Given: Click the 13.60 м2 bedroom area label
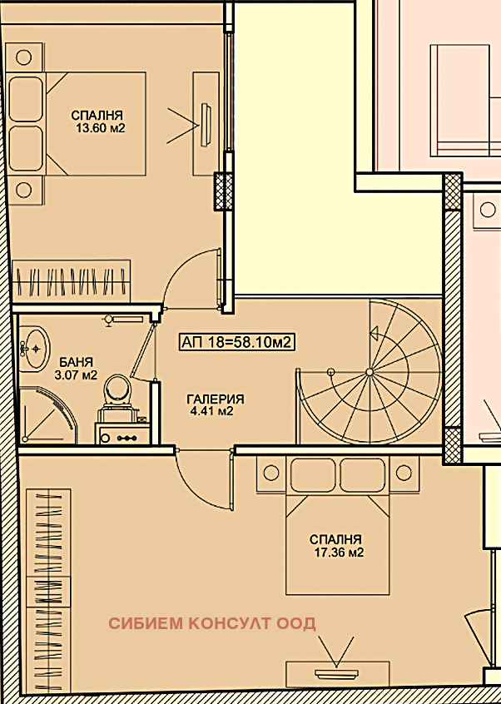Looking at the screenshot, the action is [x=100, y=128].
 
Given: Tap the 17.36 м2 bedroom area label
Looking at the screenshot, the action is [x=339, y=553].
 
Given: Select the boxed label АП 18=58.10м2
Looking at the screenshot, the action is [x=236, y=342].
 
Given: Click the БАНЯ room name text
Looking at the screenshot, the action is [x=77, y=362].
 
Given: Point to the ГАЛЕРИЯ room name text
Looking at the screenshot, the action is [x=216, y=399].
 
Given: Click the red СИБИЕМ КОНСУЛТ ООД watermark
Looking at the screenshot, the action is [x=212, y=623].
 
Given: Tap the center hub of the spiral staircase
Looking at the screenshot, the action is [x=369, y=372].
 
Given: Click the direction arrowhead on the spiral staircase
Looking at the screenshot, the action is [x=374, y=333].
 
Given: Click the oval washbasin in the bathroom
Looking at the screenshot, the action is [x=36, y=349].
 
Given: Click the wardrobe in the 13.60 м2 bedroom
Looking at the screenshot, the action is [x=71, y=281].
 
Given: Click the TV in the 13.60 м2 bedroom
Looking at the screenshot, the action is [x=206, y=124].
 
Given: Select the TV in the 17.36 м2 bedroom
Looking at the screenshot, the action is [x=337, y=673].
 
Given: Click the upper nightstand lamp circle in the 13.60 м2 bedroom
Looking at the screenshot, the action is [x=24, y=57].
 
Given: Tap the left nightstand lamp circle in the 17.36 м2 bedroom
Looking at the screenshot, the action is [x=270, y=473].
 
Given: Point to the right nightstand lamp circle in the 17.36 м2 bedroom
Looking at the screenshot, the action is [x=404, y=473].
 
